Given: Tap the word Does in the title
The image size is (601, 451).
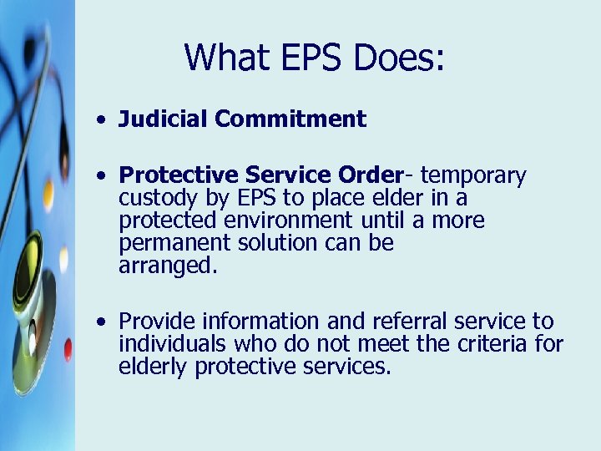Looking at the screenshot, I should [400, 58].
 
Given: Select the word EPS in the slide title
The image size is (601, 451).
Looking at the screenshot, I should [317, 58].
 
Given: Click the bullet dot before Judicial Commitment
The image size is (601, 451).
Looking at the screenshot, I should [100, 120].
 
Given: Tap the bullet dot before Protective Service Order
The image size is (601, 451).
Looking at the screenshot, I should [100, 177].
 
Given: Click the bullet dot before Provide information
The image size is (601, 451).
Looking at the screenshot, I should [100, 322].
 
